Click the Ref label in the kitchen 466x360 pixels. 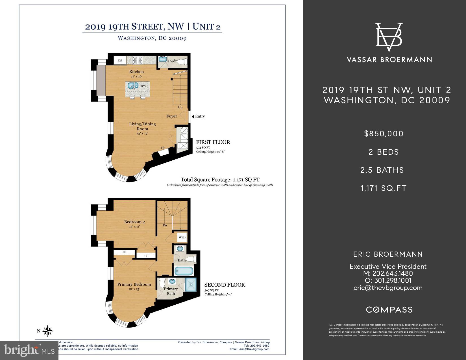120,60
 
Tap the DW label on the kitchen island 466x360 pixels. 143,86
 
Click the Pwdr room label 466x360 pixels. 172,61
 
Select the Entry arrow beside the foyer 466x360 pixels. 193,116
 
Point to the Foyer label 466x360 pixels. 172,116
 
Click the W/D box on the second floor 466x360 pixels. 182,237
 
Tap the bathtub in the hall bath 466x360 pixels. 184,271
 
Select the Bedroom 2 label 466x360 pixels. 134,222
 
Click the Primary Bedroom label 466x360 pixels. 134,284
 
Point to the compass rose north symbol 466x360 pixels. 48,331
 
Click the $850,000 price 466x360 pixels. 384,134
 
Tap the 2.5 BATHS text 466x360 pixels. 382,170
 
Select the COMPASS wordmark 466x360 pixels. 389,310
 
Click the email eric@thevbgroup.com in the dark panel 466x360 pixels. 388,288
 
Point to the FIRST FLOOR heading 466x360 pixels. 213,142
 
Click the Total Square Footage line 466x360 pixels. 220,180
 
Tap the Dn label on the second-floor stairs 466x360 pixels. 165,225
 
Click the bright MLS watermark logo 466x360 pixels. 29,350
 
